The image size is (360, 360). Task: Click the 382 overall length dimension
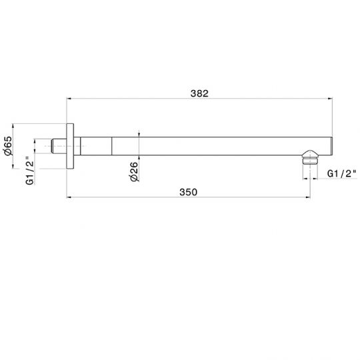199,93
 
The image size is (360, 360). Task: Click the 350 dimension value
188,192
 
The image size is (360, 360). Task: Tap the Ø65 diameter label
8,145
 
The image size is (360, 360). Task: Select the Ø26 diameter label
134,172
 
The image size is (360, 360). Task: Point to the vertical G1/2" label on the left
30,171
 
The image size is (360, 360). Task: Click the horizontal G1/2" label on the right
342,173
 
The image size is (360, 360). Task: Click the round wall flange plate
70,146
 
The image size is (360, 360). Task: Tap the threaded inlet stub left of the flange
59,146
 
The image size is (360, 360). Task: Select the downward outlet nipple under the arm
310,157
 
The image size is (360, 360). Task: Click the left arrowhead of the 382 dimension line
69,99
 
